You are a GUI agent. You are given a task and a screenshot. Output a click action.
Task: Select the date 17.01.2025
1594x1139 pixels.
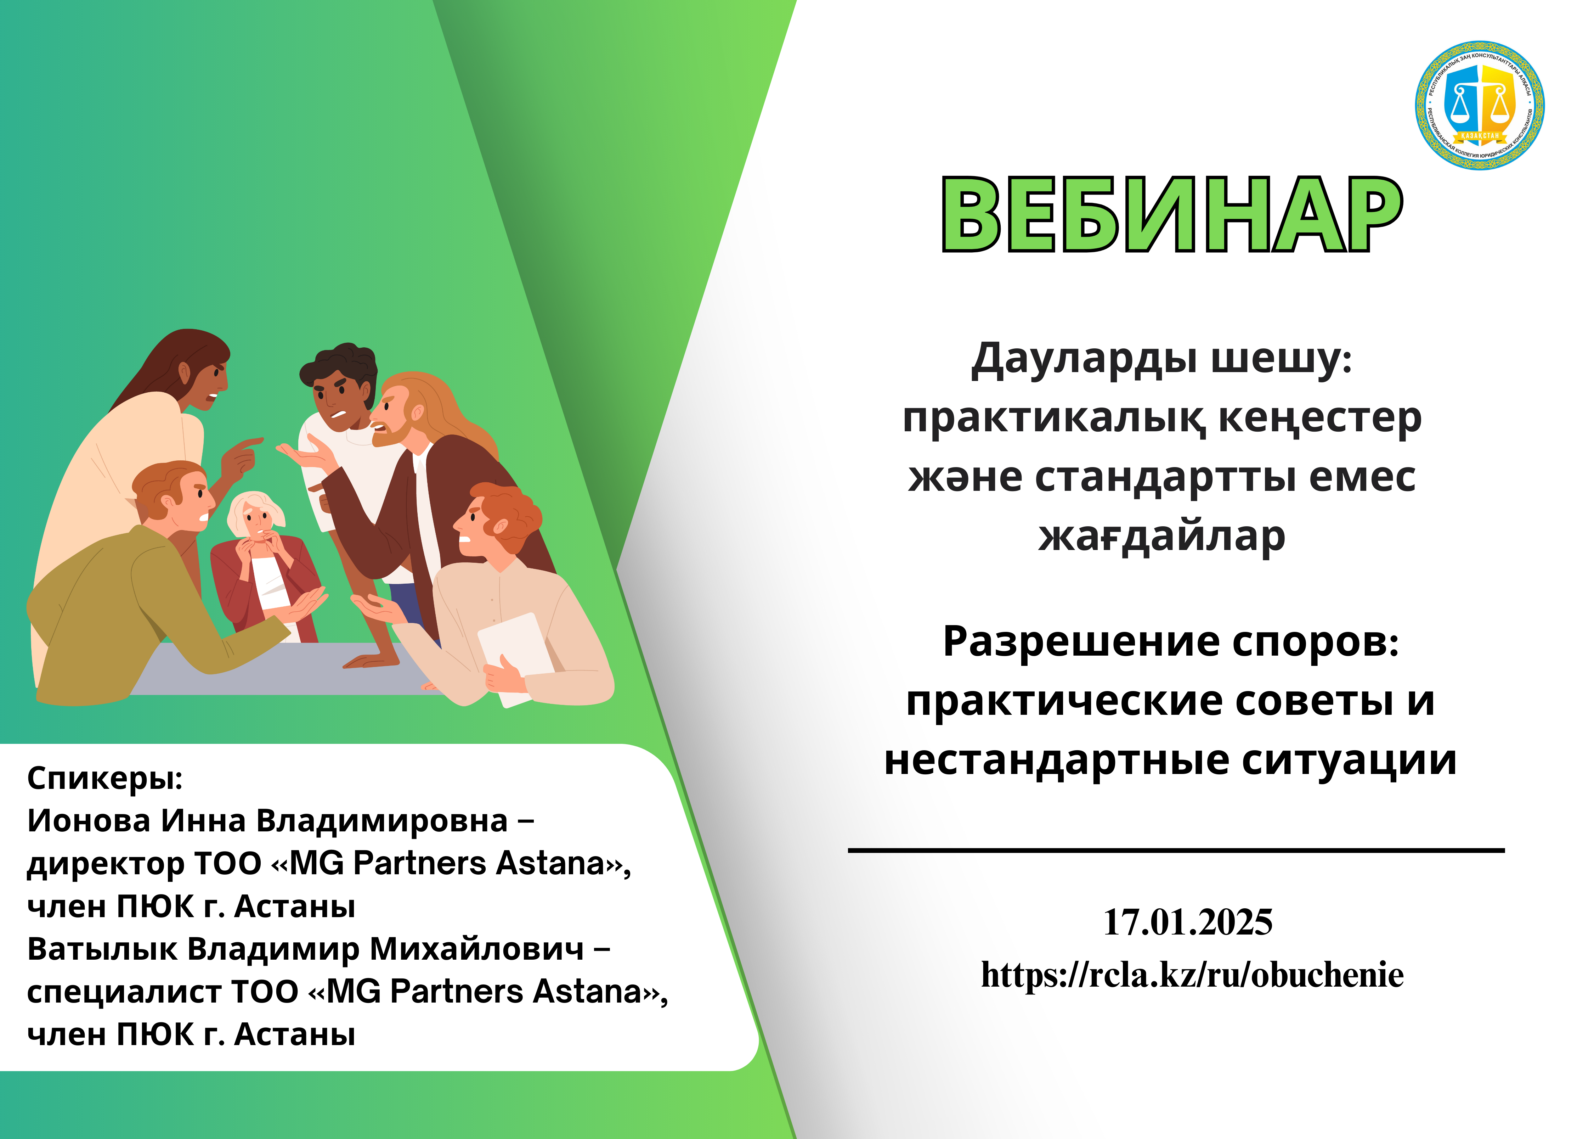1187,921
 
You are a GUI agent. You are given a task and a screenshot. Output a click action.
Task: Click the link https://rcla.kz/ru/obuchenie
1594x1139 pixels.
1192,975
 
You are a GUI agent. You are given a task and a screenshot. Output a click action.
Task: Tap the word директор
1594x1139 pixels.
105,864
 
